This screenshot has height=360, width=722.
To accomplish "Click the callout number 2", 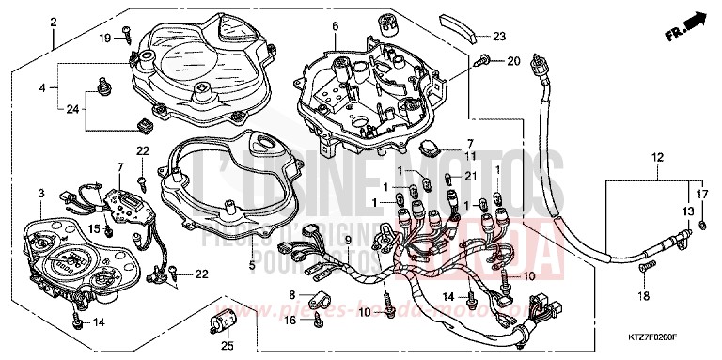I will tap(55, 21).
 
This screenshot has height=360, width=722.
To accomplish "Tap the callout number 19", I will tap(105, 38).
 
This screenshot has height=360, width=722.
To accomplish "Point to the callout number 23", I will tap(499, 37).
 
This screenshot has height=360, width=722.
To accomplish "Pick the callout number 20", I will tap(513, 62).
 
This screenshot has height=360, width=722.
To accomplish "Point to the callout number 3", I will tap(40, 193).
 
